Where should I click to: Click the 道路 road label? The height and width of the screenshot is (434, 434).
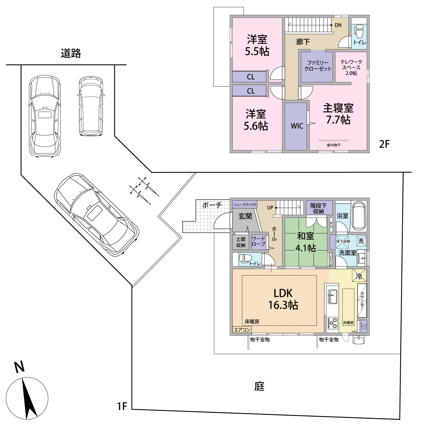(x=71, y=54)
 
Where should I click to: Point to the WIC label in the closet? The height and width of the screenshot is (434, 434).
(x=297, y=126)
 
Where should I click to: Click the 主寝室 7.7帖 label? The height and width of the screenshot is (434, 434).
(x=338, y=114)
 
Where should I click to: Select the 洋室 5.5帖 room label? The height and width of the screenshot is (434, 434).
(x=257, y=45)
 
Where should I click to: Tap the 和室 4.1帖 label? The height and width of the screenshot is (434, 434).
(x=306, y=242)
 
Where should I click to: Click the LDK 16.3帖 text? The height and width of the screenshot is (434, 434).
(x=283, y=299)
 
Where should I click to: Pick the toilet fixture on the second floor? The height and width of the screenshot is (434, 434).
(x=359, y=32)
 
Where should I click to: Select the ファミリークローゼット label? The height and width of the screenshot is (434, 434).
(x=318, y=66)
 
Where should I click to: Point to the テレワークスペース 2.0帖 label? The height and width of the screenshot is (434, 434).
(x=351, y=67)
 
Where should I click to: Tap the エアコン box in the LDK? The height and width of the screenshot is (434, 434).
(x=242, y=330)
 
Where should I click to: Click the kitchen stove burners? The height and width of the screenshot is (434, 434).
(x=332, y=323)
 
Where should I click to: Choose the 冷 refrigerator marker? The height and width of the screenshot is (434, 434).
(x=359, y=276)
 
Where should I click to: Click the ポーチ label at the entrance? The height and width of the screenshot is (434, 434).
(x=212, y=205)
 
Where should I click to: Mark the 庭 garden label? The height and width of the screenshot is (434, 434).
(x=260, y=386)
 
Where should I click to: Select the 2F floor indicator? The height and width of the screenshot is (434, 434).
(x=384, y=144)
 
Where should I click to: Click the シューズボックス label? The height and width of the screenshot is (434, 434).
(x=245, y=205)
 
